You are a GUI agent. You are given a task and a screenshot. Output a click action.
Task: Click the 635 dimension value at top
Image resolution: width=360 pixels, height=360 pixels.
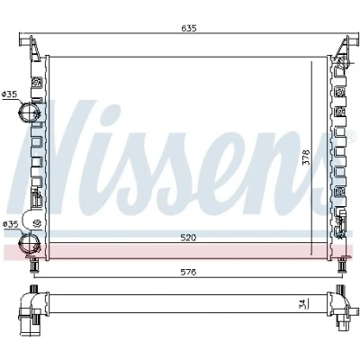189,29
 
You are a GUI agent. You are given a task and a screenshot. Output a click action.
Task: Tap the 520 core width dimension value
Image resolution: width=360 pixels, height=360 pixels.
189,238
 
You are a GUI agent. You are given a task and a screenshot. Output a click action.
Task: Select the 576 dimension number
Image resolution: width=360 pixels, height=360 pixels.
189,272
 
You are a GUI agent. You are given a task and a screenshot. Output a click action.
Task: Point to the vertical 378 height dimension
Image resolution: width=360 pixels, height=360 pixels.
306,157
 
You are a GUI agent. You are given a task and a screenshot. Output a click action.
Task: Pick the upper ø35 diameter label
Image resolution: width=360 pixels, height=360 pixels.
9,94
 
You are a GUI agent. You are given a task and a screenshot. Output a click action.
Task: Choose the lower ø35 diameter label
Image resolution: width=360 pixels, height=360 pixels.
10,224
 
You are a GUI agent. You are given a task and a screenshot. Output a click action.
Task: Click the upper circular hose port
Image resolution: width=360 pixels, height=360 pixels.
28,112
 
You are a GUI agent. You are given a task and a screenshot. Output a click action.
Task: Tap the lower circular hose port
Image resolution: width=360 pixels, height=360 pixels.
28,243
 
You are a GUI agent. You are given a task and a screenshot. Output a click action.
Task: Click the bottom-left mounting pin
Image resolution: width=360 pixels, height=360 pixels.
34,265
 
